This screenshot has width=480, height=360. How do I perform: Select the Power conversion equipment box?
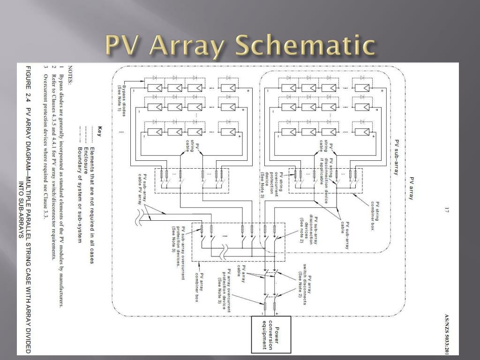point(270,334)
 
